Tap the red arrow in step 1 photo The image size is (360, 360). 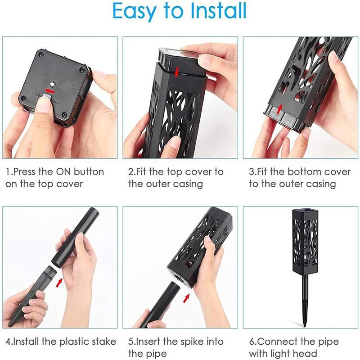point(47,90)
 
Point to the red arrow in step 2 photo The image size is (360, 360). point(177,71)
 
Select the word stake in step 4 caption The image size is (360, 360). point(103,342)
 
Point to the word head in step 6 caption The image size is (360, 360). point(306,353)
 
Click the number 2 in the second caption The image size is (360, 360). point(130,172)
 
